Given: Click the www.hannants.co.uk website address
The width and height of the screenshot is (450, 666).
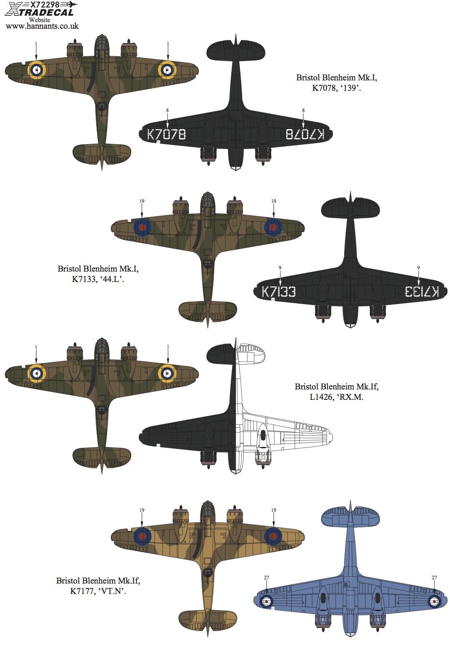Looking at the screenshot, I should click(42, 26).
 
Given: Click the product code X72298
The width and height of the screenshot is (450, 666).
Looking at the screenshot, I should click(42, 4).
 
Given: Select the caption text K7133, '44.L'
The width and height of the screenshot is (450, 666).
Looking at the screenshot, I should click(98, 279).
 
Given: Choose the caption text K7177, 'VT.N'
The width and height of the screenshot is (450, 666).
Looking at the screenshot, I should click(98, 591).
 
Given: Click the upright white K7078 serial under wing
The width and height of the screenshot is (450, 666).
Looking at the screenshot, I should click(166, 134).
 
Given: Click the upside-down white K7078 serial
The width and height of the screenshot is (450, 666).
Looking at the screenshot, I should click(305, 134).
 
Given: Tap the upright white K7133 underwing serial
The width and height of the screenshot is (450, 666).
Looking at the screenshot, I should click(278, 292).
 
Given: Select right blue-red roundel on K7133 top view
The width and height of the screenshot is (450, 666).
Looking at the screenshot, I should click(273, 227).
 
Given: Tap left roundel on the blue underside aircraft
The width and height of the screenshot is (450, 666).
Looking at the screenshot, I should click(266, 601).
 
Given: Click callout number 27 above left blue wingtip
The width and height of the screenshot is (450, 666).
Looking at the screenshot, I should click(267, 578).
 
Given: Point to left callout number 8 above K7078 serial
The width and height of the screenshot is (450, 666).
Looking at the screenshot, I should click(167, 110).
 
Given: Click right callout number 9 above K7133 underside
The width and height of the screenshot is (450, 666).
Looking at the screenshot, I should click(418, 268).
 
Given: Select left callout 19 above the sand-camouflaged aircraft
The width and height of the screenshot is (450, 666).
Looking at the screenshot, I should click(142, 510).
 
